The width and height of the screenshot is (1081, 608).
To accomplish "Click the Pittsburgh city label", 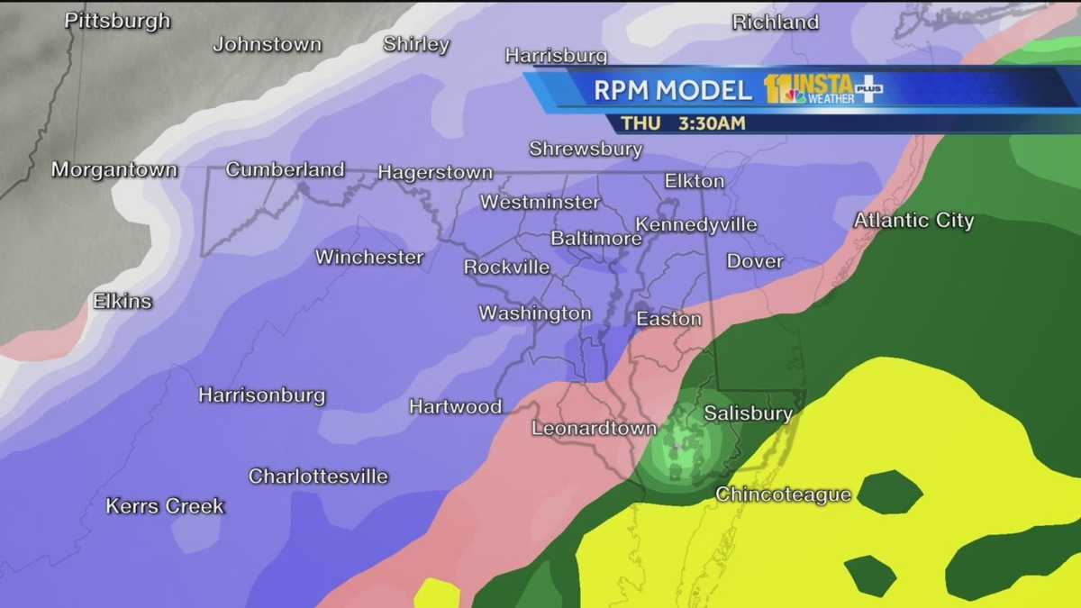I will point(117,21).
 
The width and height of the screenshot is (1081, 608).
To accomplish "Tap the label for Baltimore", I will point(595,239).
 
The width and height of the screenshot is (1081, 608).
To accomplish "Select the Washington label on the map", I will point(534,313).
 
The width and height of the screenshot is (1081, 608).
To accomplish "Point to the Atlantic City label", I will point(913,220).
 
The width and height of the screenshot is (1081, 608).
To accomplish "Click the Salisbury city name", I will point(748,413).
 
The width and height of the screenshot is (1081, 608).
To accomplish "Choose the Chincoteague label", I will point(783,495).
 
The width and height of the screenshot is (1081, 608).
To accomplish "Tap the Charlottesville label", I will point(318,476).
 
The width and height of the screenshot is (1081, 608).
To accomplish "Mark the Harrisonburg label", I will point(261,395).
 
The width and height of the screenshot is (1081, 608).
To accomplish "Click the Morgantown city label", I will point(114,169).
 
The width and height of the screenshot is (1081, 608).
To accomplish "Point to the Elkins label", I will point(122,301).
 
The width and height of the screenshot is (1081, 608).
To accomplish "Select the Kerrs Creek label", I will point(165,505).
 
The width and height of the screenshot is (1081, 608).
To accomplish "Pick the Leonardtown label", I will point(594,428).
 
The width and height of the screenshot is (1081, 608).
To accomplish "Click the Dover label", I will point(755,262).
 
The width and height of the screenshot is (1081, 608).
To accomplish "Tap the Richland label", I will point(775,23).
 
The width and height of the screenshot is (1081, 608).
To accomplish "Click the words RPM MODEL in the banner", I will point(672,90).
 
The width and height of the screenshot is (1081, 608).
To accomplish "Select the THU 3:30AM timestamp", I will point(683,123).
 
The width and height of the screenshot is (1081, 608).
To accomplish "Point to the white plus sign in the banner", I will point(868,88).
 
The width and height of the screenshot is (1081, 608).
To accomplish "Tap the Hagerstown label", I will point(435,172).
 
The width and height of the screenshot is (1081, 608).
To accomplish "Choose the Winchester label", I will point(369,258).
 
